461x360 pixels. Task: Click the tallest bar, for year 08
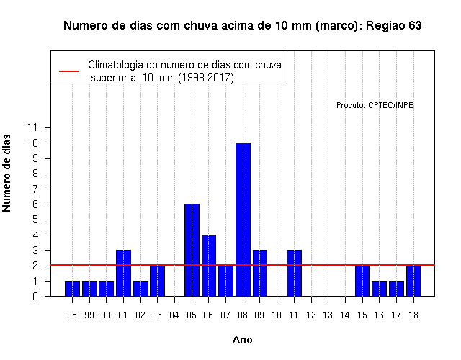coord(243,219)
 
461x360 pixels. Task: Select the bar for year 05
coord(192,250)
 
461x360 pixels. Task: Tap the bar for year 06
coord(209,266)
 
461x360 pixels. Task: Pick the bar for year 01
coord(123,273)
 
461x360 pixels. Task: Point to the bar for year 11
coord(295,273)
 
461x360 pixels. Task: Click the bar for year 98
coord(72,289)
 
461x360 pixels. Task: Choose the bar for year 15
coord(362,281)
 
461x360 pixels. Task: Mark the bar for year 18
coord(413,281)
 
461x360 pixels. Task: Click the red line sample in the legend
coord(69,71)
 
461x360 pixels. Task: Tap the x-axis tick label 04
coord(174,315)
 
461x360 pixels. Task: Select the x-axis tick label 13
coord(328,315)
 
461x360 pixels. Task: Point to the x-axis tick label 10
coord(277,315)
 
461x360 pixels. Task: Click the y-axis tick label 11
coord(32,127)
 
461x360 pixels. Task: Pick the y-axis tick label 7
coord(35,189)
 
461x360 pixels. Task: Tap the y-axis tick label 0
coord(35,296)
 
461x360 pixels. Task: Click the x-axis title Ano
coord(243,340)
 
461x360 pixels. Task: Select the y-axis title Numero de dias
coord(6,174)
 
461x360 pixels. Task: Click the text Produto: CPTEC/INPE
coord(375,105)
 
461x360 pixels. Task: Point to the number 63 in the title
coord(415,26)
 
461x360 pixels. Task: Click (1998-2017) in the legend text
coord(207,78)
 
